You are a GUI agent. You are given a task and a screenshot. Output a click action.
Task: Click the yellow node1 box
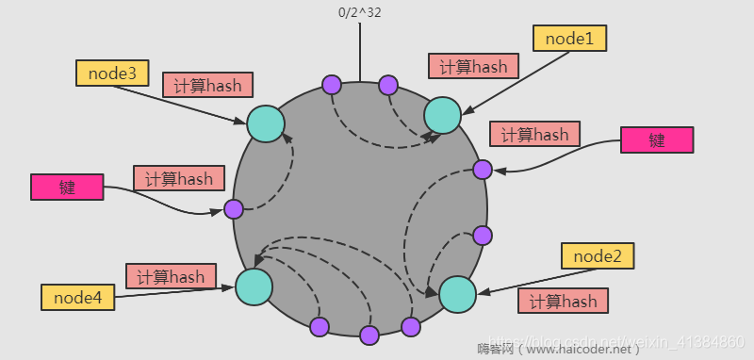[569, 38]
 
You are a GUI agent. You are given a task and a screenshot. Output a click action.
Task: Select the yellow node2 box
[598, 255]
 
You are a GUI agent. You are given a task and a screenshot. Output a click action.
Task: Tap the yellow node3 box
[112, 73]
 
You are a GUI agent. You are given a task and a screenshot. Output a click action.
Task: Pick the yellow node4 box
[77, 298]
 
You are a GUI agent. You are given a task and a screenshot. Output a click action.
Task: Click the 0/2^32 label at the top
[359, 13]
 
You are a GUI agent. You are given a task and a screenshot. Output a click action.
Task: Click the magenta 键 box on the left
[66, 187]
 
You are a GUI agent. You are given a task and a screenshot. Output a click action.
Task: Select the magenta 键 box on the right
[657, 140]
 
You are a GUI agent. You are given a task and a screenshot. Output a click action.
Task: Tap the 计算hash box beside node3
[207, 85]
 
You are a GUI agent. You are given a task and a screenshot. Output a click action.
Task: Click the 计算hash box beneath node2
[563, 302]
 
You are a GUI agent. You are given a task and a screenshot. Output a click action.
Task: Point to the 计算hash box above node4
[171, 276]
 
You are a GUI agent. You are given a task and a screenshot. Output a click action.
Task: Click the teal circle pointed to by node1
[442, 115]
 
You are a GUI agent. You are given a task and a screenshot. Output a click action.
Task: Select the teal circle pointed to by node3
[266, 123]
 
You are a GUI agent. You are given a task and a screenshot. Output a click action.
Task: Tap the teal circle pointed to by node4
[254, 286]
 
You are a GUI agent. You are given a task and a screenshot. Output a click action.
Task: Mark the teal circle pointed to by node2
[457, 294]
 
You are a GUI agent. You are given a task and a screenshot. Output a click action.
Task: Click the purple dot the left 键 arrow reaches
[234, 209]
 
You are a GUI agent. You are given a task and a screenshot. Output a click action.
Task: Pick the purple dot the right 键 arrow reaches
[482, 170]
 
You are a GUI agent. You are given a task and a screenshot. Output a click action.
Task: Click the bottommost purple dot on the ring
[369, 335]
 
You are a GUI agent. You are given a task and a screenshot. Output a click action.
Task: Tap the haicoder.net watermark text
[558, 349]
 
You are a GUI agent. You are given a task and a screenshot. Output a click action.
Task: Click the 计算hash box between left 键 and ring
[179, 177]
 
